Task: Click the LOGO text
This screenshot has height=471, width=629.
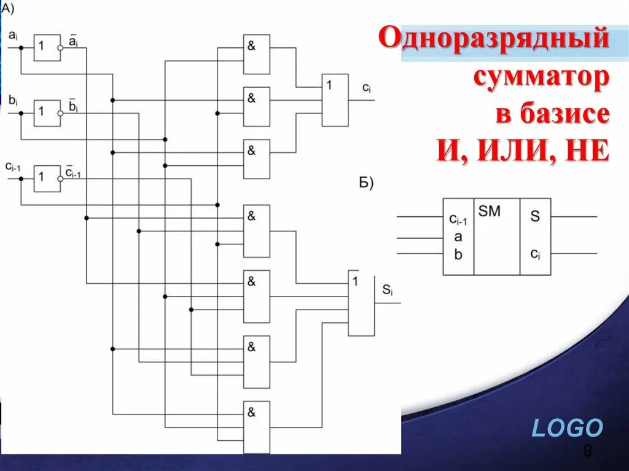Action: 567,428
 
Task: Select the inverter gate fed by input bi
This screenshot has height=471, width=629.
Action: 47,113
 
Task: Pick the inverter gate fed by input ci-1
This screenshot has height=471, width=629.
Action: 47,178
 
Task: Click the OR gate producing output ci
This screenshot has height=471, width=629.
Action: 335,100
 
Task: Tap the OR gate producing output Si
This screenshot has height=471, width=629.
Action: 361,303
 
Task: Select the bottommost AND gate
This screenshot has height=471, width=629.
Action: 256,427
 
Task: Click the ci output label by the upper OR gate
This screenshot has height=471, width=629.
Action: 366,88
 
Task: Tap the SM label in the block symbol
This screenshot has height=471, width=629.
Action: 490,212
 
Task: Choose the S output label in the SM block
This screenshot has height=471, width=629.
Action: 535,216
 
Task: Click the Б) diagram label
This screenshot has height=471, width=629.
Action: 366,183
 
